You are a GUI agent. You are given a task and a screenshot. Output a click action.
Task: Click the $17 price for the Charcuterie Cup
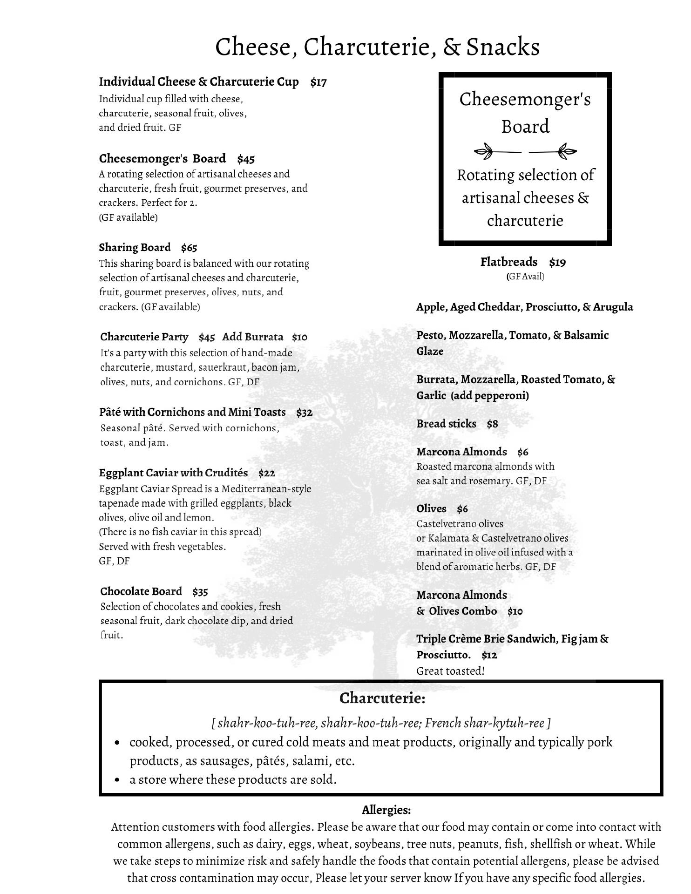(318, 82)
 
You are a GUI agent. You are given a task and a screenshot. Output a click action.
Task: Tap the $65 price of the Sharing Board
(189, 247)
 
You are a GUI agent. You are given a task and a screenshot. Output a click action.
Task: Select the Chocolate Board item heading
(141, 591)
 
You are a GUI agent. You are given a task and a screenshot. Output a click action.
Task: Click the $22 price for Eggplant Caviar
(267, 473)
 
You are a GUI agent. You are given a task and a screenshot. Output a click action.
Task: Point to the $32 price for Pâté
(304, 412)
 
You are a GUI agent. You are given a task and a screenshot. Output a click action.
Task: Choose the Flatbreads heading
(508, 262)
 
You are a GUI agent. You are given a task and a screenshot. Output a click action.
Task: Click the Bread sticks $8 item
(457, 424)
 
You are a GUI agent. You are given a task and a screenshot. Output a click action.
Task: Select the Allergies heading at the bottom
(386, 810)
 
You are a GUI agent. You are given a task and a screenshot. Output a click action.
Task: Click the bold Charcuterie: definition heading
(382, 698)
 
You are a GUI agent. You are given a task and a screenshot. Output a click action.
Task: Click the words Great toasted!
(450, 671)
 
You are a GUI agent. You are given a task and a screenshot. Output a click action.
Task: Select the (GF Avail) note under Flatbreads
(525, 276)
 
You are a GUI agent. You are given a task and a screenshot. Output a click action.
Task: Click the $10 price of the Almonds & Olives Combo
(515, 611)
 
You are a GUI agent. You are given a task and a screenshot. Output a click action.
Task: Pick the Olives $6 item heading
(442, 508)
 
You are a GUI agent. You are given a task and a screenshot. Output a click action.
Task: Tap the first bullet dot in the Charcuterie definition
(118, 743)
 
